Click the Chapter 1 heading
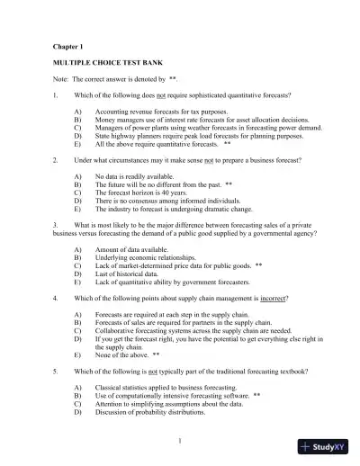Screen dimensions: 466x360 [x=64, y=45]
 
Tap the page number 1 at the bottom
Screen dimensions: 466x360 [x=180, y=440]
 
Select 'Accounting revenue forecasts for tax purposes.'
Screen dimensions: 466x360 [x=160, y=111]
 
